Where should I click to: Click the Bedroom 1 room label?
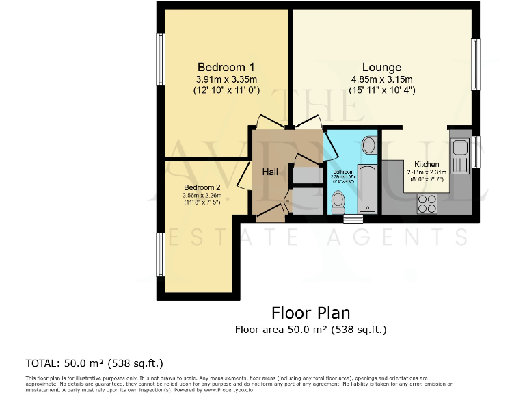226,67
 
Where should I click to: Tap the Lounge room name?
381,67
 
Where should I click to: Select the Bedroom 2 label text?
202,187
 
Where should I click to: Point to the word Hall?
270,172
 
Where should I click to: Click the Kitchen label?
427,164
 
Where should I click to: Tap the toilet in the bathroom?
338,200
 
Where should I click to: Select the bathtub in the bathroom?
368,187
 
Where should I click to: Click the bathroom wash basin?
368,145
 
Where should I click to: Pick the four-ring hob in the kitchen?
427,202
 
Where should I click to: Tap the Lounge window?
476,63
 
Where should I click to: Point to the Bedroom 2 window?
161,255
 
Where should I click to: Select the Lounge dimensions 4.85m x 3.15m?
381,79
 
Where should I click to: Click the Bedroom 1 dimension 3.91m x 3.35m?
226,79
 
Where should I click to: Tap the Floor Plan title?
310,313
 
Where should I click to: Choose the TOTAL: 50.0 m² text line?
94,363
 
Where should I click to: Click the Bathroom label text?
343,172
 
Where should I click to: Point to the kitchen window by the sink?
476,151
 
